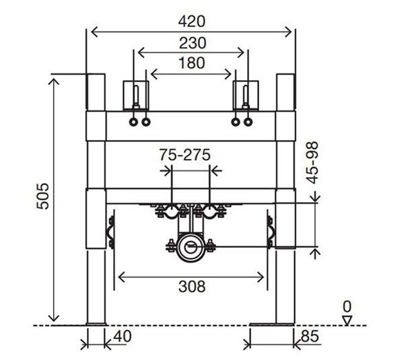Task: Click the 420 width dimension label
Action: pos(192,22)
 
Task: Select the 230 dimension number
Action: pos(193,43)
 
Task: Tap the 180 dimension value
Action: pos(192,63)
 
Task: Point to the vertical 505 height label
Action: pos(42,196)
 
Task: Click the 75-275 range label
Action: pos(184,155)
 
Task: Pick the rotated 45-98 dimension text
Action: pos(312,163)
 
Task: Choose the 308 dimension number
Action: pos(192,287)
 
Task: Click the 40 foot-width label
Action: pos(123,336)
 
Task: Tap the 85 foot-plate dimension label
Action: pos(310,336)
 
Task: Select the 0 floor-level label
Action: pos(347,306)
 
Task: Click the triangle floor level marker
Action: pos(347,320)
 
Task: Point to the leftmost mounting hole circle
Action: pos(133,122)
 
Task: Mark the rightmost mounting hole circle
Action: pos(248,122)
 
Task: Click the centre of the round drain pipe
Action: pos(191,247)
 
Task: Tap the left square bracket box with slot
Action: pos(136,96)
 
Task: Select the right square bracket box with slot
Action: pos(246,96)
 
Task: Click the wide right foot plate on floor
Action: pos(272,324)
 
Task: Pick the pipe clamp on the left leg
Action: pos(110,232)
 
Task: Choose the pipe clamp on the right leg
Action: pos(271,232)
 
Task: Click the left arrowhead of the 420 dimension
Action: pos(94,32)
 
